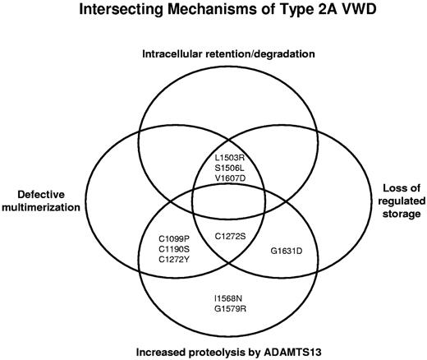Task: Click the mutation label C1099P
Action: pos(174,237)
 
